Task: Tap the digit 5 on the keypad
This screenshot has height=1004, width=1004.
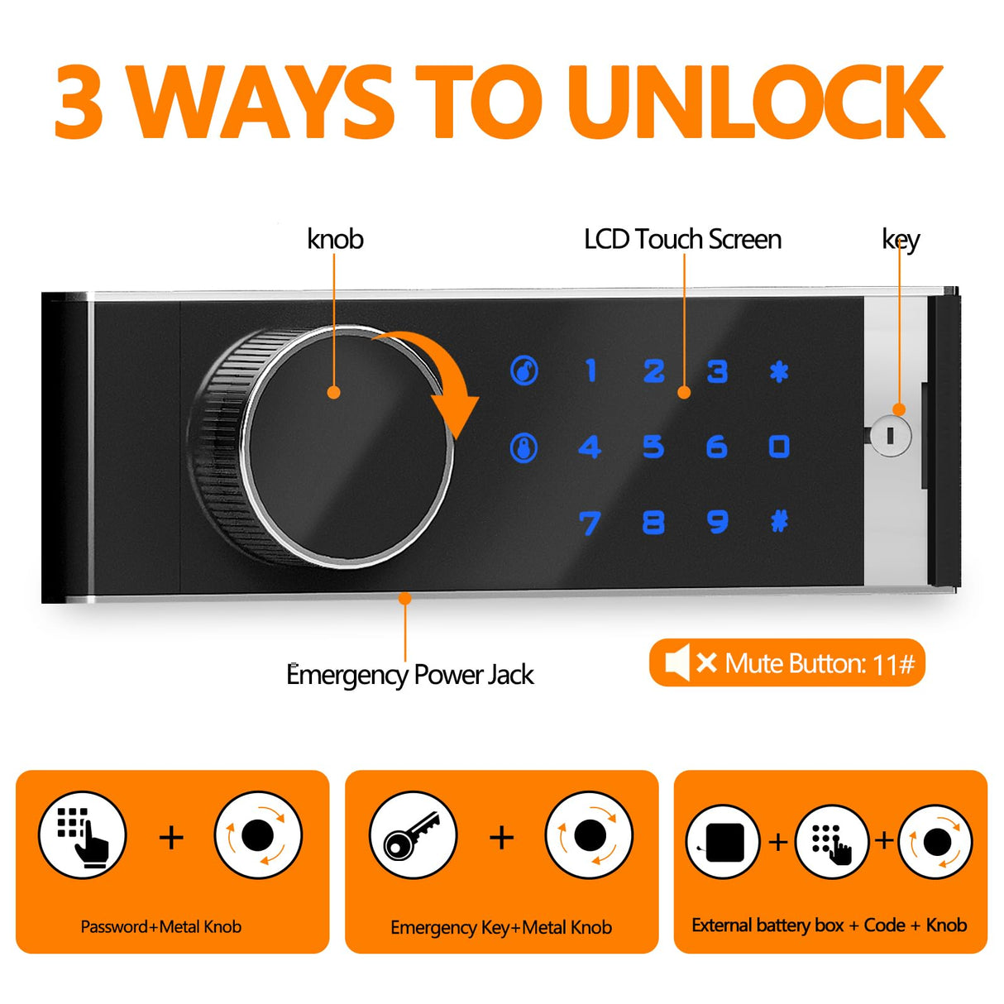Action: point(653,447)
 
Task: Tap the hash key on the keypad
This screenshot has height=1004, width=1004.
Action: point(779,522)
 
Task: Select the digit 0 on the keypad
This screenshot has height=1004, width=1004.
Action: point(779,447)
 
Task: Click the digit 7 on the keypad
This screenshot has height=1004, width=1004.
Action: point(590,524)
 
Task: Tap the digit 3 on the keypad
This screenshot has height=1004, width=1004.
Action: point(717,371)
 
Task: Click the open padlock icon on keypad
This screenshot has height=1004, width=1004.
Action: point(524,371)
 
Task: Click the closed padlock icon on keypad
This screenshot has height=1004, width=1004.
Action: point(524,448)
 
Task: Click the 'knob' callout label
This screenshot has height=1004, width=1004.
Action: point(335,239)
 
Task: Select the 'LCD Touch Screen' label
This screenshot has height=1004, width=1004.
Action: point(682,239)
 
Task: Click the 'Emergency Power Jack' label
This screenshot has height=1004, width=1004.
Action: point(409,675)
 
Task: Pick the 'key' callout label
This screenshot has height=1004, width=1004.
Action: point(901,240)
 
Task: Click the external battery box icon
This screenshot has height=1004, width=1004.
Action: point(723,842)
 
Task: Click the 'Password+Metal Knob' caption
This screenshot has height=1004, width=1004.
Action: point(161,926)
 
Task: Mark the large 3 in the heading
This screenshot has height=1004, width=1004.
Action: point(79,103)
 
